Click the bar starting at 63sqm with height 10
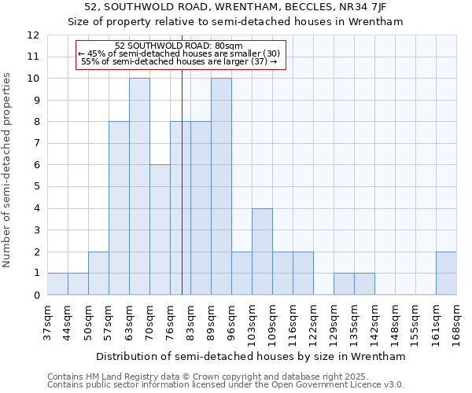tap(139, 186)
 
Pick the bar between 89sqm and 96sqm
tap(221, 186)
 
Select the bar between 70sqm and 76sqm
tap(160, 230)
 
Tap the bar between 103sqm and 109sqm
tap(262, 252)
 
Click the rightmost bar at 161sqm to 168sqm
tap(446, 273)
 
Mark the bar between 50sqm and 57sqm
tap(98, 273)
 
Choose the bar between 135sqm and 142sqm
tap(364, 284)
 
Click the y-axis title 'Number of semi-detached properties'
tap(8, 170)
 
